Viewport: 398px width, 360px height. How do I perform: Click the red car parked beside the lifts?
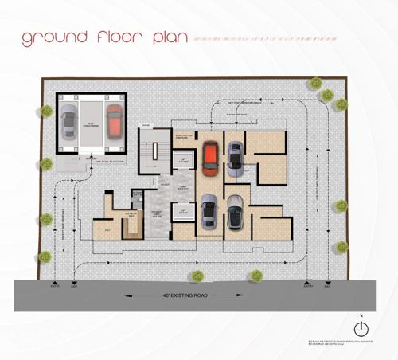[x=210, y=157]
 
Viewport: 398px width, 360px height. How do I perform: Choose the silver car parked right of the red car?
[x=235, y=158]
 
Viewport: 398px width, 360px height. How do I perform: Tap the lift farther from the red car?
[x=184, y=212]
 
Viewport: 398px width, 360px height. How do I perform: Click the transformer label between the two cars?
[x=92, y=124]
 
